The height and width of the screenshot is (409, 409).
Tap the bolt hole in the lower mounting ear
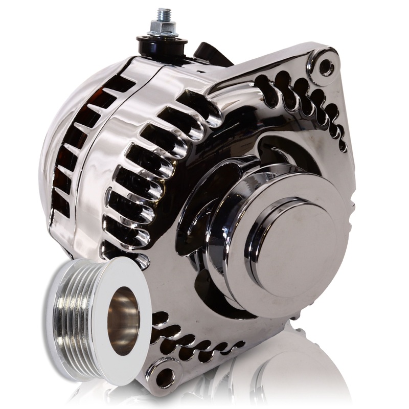pyautogui.click(x=165, y=377)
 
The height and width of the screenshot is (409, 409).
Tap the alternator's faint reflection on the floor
pyautogui.click(x=286, y=378)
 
